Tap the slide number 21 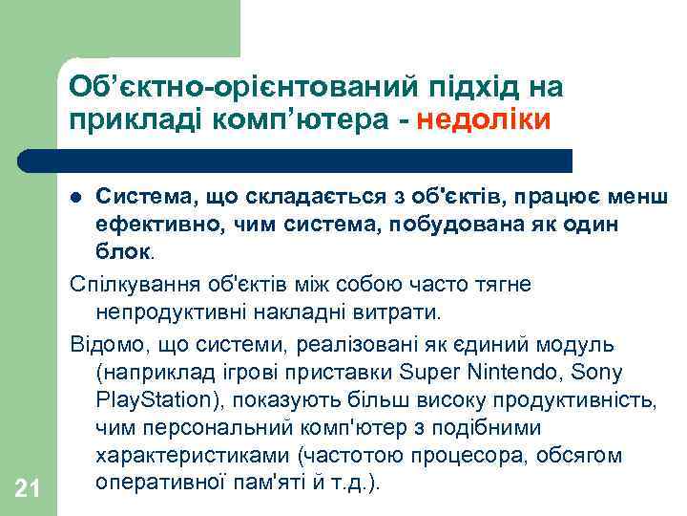[x=28, y=489]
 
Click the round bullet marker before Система [x=77, y=198]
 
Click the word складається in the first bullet [x=310, y=198]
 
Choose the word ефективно [x=149, y=225]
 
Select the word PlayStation [x=153, y=398]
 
